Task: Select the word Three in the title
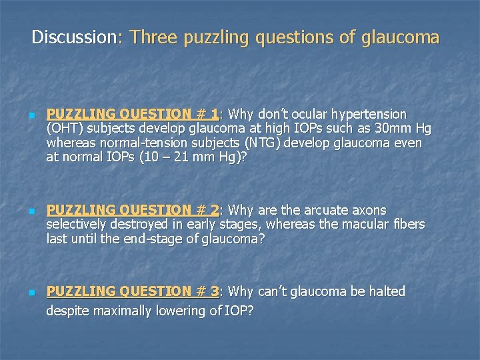click(154, 37)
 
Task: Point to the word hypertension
click(369, 113)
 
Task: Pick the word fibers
click(409, 225)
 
